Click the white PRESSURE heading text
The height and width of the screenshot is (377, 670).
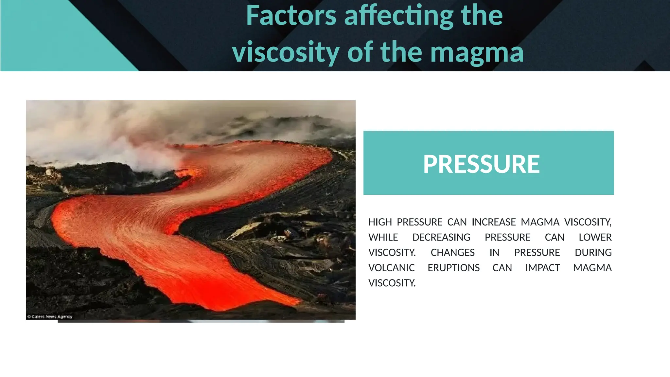coord(481,164)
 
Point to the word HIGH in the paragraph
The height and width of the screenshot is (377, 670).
coord(380,222)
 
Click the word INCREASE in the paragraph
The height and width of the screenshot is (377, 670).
coord(493,222)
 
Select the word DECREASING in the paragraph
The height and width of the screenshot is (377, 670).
coord(441,237)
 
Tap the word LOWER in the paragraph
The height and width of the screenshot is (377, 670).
coord(595,237)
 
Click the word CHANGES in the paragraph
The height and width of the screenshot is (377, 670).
coord(452,253)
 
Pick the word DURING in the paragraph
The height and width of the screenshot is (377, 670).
coord(593,253)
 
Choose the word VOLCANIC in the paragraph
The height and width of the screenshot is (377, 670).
coord(391,268)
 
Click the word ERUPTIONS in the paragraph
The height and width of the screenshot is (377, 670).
coord(453,268)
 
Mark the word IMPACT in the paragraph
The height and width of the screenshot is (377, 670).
coord(542,268)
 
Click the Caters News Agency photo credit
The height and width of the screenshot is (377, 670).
coord(50,316)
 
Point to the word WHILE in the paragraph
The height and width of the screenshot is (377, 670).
coord(383,237)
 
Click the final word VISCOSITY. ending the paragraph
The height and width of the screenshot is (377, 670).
coord(392,283)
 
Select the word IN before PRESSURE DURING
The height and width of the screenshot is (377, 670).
coord(494,253)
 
